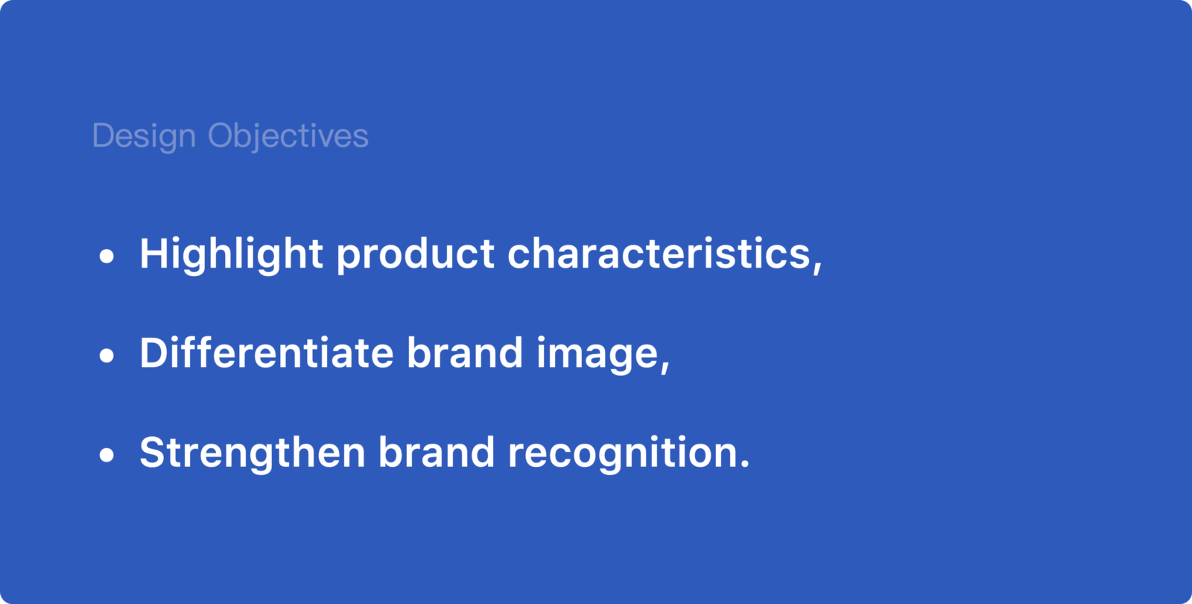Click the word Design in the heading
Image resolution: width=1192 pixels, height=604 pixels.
point(145,136)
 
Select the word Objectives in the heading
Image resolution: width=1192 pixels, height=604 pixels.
point(288,136)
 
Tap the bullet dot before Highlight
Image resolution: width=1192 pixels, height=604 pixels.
point(107,257)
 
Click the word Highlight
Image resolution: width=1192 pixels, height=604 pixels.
point(231,255)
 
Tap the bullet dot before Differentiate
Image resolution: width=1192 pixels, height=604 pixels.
point(107,355)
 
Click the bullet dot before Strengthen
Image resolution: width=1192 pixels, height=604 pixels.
point(107,455)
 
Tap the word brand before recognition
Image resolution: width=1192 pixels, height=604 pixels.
point(437,452)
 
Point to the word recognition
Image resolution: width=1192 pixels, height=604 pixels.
point(621,454)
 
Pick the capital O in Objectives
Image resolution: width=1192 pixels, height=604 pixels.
point(222,136)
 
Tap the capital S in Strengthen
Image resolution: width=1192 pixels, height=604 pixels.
point(152,452)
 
